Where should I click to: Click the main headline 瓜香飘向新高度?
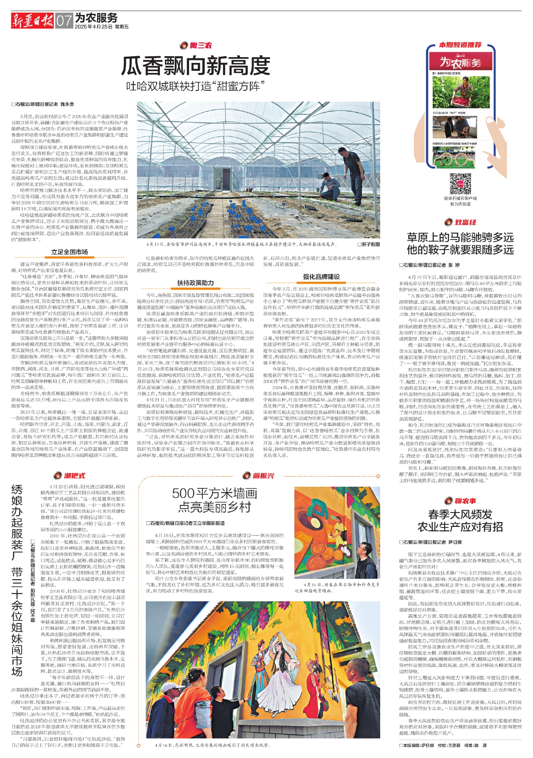[196, 66]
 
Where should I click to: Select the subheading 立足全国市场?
[70, 252]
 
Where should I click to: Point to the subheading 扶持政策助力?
[196, 283]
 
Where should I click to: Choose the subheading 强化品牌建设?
[321, 277]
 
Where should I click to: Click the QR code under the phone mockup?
[460, 184]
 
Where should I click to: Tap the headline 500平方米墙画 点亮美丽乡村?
[215, 500]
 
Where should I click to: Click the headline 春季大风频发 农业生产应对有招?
[460, 520]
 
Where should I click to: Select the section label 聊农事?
[460, 501]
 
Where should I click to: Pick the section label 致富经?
[460, 222]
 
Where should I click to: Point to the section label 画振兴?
[259, 475]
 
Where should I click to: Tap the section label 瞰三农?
[196, 45]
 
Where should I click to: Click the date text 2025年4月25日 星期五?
[102, 27]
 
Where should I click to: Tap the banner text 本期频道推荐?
[460, 45]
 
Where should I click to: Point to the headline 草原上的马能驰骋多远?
[460, 238]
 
